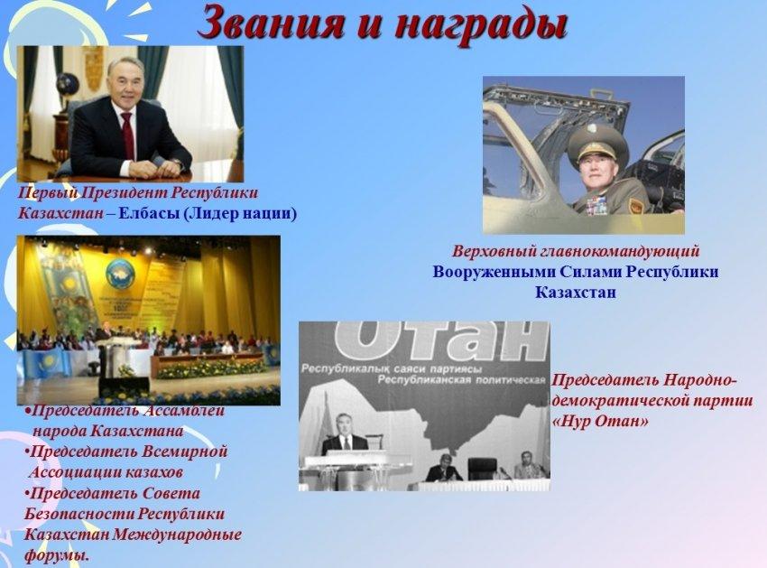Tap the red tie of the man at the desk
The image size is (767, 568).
coord(127,135)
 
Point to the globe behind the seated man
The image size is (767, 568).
coord(67,85)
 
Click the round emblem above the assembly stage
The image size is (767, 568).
coord(119,274)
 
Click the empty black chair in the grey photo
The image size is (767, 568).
coord(483,469)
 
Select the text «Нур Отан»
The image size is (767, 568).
coord(600,421)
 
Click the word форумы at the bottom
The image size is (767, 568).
coord(57,556)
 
